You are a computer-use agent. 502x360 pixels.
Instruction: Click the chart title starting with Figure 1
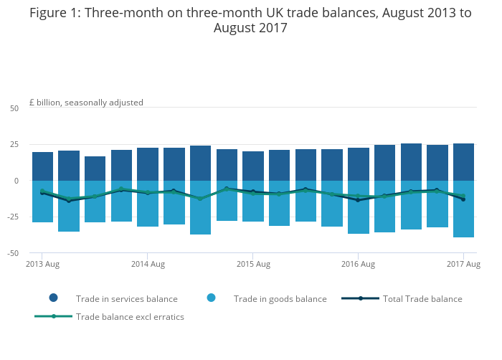click(x=250, y=21)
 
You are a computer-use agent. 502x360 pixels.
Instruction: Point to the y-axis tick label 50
click(x=14, y=108)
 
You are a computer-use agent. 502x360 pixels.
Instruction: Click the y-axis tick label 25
click(x=14, y=145)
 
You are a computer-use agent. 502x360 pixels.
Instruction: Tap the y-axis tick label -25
click(x=13, y=217)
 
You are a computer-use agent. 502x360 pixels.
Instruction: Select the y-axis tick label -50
click(x=13, y=253)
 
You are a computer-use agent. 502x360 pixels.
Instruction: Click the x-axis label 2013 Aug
click(x=42, y=265)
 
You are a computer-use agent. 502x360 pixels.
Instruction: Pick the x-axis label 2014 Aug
click(x=148, y=265)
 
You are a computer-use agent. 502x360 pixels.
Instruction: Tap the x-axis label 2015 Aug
click(x=253, y=265)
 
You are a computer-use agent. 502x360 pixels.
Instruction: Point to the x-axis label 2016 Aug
click(x=358, y=265)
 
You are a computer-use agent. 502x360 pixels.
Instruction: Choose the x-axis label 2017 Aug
click(x=463, y=265)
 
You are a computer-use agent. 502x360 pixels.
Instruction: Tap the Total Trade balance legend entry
click(x=422, y=299)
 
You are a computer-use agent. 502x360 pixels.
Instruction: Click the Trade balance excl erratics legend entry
click(x=130, y=317)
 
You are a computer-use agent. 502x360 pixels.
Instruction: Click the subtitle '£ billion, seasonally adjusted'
click(x=86, y=103)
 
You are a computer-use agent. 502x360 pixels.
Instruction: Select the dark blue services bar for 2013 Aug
click(x=42, y=166)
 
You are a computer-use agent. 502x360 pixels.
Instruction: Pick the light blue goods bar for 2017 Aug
click(x=463, y=215)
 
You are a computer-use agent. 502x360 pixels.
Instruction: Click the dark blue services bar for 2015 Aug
click(x=253, y=166)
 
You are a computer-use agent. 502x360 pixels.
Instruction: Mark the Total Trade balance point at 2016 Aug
click(x=358, y=200)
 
